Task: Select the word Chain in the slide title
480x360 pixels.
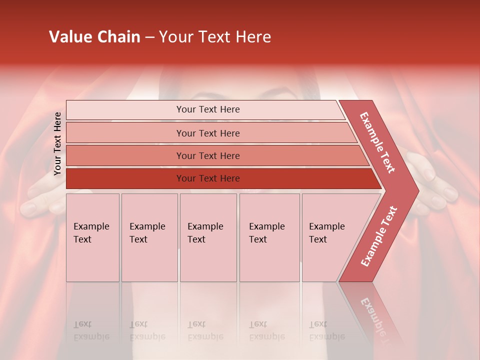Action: click(x=120, y=37)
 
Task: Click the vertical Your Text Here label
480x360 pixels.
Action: click(x=57, y=143)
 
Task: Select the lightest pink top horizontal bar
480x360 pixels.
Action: click(x=208, y=109)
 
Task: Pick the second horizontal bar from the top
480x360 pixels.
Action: click(x=208, y=133)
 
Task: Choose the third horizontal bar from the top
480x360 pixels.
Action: click(x=208, y=155)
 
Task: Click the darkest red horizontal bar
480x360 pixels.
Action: click(x=208, y=178)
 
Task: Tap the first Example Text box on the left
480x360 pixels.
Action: click(x=92, y=237)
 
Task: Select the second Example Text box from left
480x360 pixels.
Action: click(x=149, y=237)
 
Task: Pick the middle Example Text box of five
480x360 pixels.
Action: click(x=208, y=237)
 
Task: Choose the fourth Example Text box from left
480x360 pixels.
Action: click(x=269, y=237)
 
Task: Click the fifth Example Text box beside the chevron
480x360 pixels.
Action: click(x=325, y=237)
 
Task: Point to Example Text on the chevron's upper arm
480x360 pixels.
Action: click(x=377, y=142)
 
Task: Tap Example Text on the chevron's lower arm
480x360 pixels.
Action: click(x=378, y=236)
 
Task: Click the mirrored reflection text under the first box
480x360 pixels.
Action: click(x=91, y=330)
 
